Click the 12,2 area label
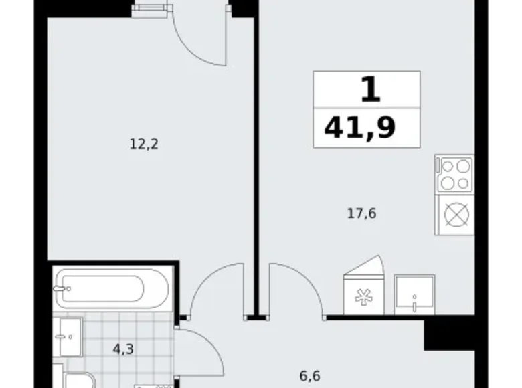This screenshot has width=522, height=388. pos(144,144)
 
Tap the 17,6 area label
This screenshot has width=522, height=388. pos(362,213)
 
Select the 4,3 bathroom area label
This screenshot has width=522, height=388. pos(123,349)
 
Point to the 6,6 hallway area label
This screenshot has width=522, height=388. pos(310,377)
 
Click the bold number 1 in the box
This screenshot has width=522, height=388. pos(371,89)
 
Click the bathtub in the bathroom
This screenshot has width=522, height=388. pos(110,288)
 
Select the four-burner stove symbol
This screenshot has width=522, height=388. pos(454,173)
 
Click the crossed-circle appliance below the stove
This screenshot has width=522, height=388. pos(456,214)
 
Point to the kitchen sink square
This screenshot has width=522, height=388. pos(414,295)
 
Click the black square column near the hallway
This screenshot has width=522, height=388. pos(449,335)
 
